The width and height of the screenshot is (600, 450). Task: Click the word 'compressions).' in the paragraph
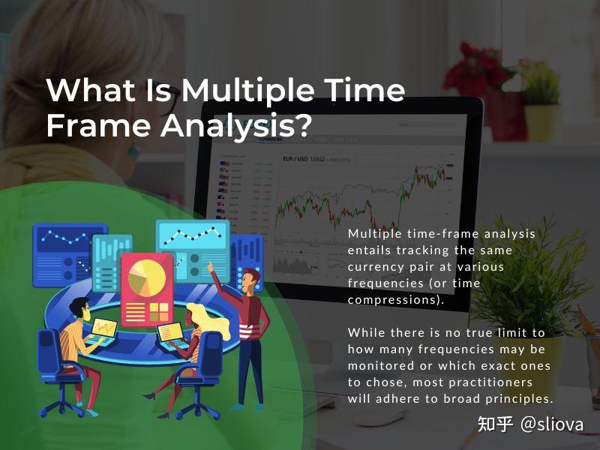coord(396,300)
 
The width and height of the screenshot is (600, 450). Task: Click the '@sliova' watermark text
coord(551,424)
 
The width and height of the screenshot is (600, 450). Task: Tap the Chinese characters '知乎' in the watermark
coord(495,424)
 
